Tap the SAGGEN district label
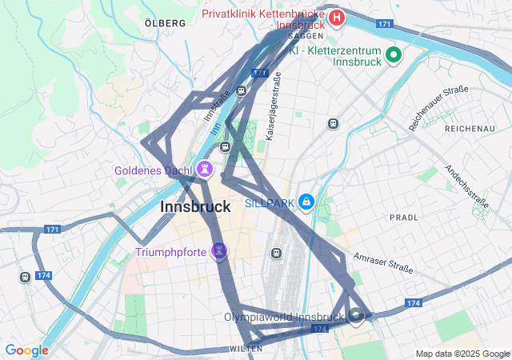coord(307,36)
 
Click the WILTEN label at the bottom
coord(246,349)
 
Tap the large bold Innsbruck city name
coord(195,206)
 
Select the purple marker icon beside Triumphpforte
coord(219,252)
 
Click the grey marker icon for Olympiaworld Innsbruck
coord(356,316)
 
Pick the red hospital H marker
coord(337,18)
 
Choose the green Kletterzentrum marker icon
coord(393,54)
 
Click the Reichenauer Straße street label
coord(438,108)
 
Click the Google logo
coord(26,350)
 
